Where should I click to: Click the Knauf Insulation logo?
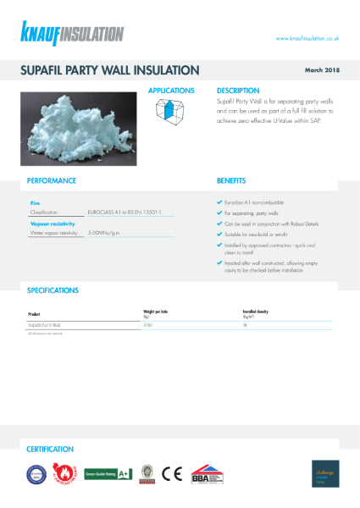coord(73,35)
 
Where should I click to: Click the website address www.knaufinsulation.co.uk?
coord(307,38)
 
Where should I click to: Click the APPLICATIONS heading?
coord(171,90)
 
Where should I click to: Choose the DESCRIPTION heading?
coord(238,90)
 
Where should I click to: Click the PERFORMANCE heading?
coord(52,180)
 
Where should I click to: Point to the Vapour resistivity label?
coord(52,223)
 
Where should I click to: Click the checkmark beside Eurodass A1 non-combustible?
coord(220,203)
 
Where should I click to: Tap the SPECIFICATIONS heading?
coord(53,290)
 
